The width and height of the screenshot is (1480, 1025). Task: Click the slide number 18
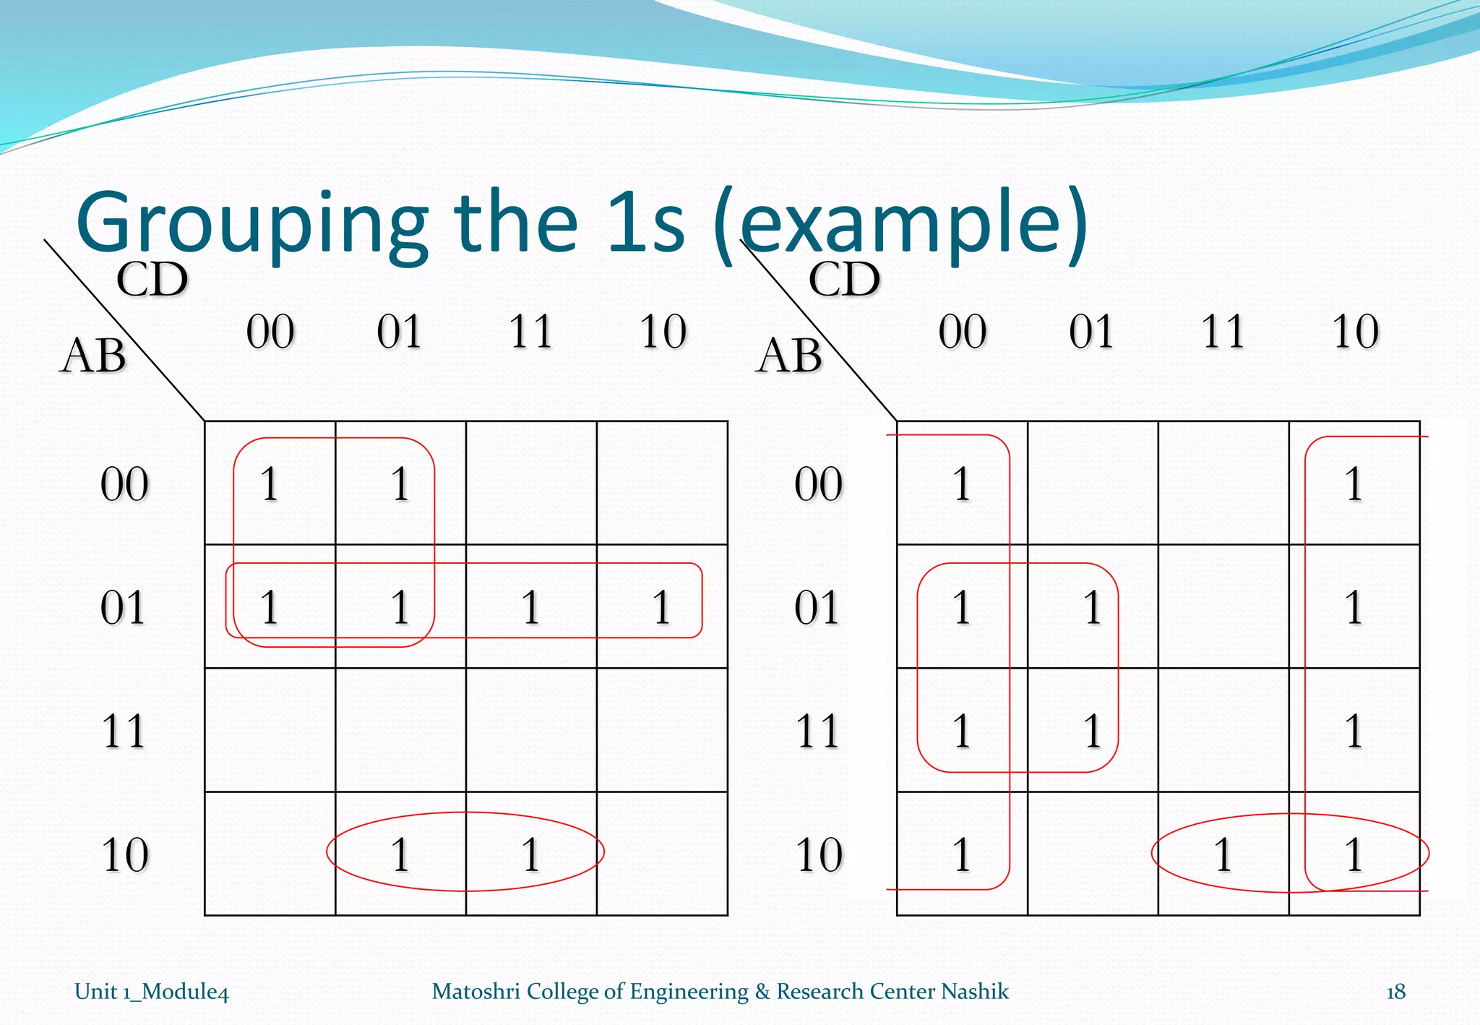[x=1395, y=991]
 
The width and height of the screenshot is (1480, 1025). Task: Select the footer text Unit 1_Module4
[x=152, y=992]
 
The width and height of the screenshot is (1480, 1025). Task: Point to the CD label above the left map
[x=152, y=280]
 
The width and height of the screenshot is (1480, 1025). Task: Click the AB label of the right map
[x=789, y=356]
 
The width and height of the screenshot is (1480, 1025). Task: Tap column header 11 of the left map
[x=531, y=332]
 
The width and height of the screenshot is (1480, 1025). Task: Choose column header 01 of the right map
[x=1092, y=332]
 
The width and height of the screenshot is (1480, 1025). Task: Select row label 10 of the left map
[x=124, y=854]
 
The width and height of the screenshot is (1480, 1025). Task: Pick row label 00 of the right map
[x=818, y=484]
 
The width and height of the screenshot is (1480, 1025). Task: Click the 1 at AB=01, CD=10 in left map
[x=662, y=606]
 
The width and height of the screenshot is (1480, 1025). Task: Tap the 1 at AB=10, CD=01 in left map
[x=401, y=854]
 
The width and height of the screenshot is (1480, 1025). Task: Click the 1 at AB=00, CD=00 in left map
[x=270, y=484]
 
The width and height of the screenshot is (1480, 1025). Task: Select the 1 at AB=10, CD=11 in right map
[x=1223, y=854]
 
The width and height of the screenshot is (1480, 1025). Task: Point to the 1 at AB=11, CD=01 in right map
[x=1092, y=730]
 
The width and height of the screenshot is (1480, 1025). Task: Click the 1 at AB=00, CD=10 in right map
[x=1354, y=484]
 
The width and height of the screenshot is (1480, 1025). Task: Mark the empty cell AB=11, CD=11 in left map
[x=531, y=730]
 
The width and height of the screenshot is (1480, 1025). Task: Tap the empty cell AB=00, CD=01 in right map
[x=1092, y=483]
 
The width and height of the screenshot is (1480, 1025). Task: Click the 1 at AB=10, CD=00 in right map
[x=961, y=854]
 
